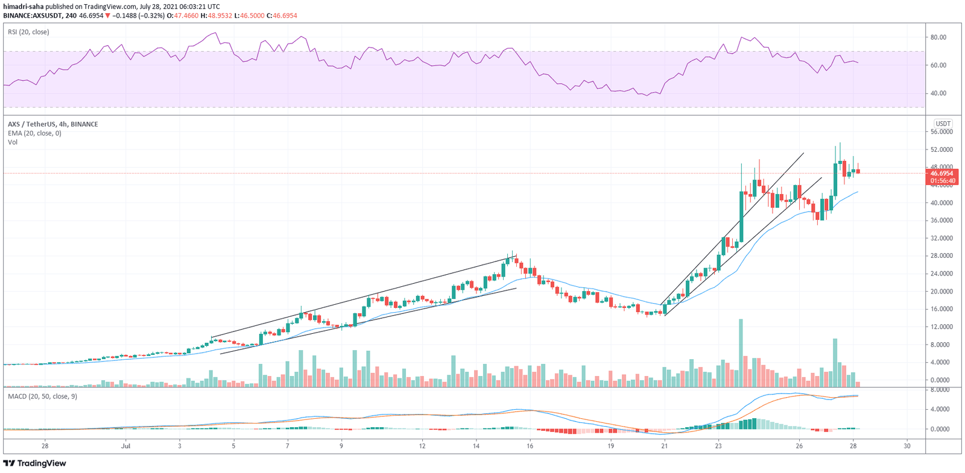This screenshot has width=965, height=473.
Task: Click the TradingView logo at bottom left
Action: coord(34,463)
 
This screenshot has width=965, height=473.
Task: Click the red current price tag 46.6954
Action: coord(941,174)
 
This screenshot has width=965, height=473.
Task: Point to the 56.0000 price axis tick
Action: coord(941,132)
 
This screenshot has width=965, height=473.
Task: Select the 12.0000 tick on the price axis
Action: coord(941,327)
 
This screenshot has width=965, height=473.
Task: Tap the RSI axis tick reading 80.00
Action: coord(938,37)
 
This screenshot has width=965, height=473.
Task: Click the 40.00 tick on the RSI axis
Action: coord(938,93)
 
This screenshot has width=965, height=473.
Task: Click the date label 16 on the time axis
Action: coord(530,446)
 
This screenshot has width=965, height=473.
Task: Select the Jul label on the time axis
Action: coord(125,446)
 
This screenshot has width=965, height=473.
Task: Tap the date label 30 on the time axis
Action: coord(907,446)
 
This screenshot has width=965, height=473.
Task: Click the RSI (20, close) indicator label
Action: coord(28,32)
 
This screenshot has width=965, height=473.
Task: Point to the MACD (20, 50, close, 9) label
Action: coord(42,396)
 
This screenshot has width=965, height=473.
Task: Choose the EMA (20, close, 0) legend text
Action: coord(34,133)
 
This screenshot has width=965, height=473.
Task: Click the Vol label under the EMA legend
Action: coord(13,142)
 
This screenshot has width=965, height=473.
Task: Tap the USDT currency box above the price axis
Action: coord(942,124)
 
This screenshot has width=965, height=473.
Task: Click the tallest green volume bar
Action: coord(741,352)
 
